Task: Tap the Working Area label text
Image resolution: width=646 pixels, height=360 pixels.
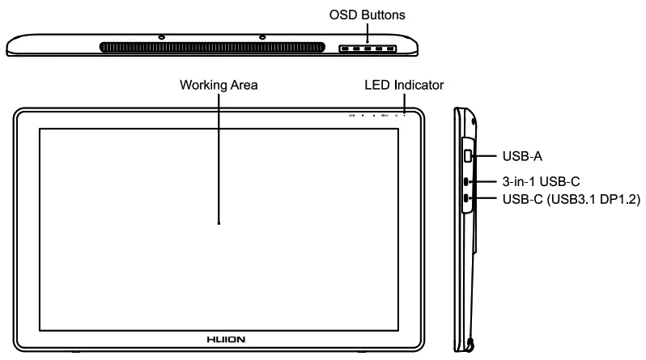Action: [219, 85]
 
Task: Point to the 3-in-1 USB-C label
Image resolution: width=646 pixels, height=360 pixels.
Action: [541, 181]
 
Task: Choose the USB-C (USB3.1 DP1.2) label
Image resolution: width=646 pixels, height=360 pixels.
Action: [572, 199]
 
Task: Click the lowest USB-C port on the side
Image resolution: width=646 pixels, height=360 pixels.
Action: [467, 199]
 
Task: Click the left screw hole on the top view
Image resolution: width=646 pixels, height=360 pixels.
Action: [162, 37]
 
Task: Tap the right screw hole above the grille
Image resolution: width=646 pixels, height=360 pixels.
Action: [262, 37]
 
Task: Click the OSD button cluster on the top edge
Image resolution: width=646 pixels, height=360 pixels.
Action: [368, 49]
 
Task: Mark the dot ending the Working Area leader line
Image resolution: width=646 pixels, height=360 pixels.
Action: [219, 221]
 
